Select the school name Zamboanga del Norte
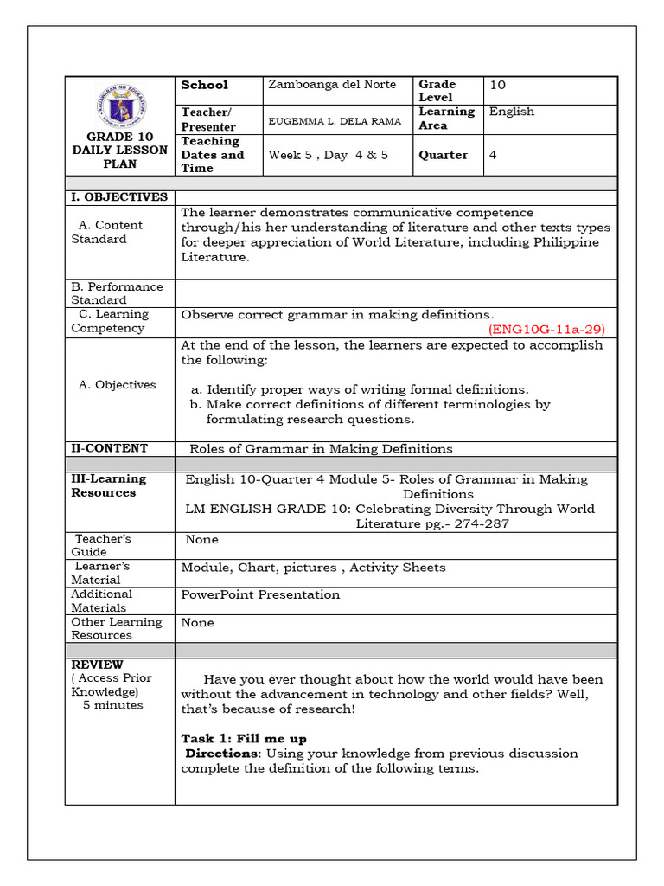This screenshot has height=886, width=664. [x=332, y=85]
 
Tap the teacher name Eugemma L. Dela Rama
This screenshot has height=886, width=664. [x=335, y=121]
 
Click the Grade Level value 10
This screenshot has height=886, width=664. [x=497, y=85]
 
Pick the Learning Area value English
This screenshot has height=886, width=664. [x=512, y=112]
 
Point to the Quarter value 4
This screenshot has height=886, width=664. [x=493, y=155]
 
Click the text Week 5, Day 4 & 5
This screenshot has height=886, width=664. [x=329, y=156]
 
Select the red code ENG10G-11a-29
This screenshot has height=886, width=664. [x=547, y=329]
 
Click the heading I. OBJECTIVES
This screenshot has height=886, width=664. [x=119, y=197]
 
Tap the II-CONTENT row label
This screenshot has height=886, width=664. [x=110, y=448]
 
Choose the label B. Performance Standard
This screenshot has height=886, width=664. [x=117, y=293]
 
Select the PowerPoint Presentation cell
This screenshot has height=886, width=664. [x=260, y=594]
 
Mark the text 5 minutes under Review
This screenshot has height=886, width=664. [x=112, y=705]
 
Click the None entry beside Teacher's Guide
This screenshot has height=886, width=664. [x=201, y=540]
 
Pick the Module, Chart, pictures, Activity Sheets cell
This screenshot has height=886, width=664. [x=313, y=568]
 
